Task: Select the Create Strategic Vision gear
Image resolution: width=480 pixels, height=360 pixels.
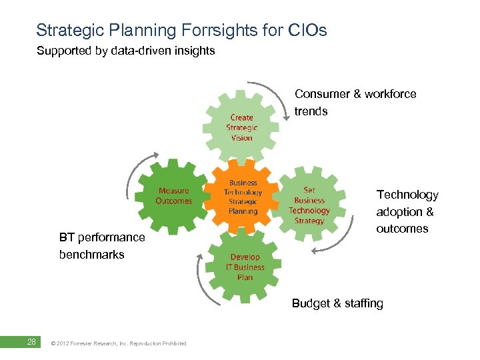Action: pos(241,127)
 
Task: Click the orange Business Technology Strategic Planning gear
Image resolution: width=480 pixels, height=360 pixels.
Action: pos(243,197)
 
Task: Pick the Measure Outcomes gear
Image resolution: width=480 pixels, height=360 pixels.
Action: pos(173,196)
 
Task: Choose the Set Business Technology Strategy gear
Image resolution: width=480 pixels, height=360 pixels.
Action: pos(309,205)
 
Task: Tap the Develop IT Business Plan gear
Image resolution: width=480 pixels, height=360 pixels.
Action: pos(244,266)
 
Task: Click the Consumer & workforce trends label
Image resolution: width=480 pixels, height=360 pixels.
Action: pos(355,103)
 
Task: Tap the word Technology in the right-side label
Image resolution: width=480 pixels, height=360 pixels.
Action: pos(407,195)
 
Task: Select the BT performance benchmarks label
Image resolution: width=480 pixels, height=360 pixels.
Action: pos(101,245)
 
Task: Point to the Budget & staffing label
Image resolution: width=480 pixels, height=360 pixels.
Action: pos(337,303)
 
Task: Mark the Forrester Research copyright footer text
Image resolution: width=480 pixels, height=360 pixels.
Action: pos(118,343)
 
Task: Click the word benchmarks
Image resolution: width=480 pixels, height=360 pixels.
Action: pos(91,255)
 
